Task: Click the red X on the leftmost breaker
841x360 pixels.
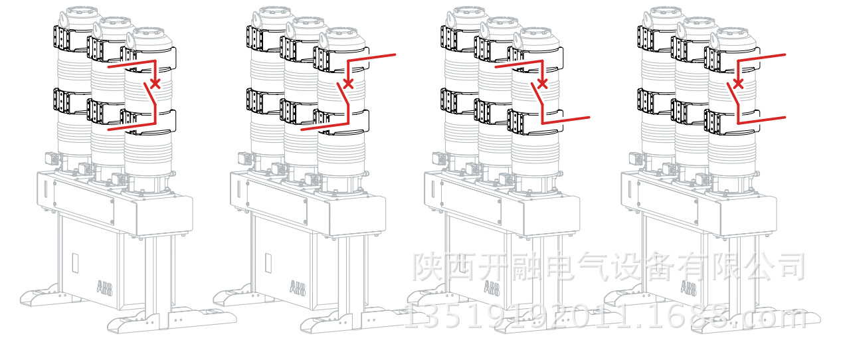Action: point(155,84)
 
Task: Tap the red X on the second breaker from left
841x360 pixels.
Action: point(347,84)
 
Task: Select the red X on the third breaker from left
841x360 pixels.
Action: point(542,84)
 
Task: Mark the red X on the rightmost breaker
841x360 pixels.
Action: point(737,84)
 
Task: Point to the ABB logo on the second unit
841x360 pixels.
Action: point(297,288)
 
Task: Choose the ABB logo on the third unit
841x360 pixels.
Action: point(492,288)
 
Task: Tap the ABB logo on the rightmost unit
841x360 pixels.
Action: point(688,288)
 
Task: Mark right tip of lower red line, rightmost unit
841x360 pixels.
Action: point(785,118)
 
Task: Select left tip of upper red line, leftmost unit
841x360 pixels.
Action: point(108,67)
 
